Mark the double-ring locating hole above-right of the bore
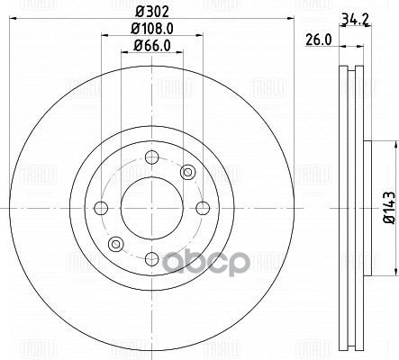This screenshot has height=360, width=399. pyautogui.click(x=186, y=172)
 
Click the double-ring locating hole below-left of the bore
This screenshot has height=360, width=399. pyautogui.click(x=113, y=244)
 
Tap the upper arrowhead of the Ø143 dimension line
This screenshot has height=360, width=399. pyautogui.click(x=394, y=144)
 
